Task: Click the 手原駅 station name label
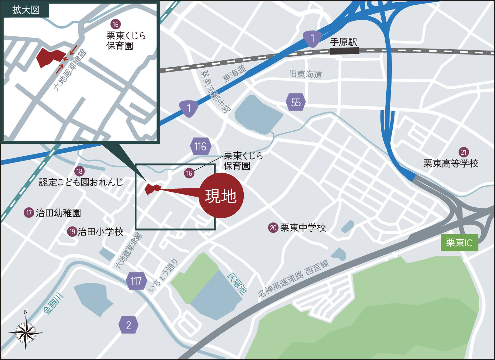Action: click(344, 42)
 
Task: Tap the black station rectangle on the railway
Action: click(344, 51)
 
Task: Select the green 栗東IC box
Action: click(459, 243)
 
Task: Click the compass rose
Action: click(26, 332)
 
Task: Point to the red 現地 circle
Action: click(221, 196)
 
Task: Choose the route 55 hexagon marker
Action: click(296, 102)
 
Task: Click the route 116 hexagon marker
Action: click(200, 146)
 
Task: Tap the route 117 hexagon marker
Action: click(136, 281)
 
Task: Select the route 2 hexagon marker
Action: click(128, 325)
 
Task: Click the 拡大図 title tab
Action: click(26, 10)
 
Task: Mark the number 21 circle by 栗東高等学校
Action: click(463, 152)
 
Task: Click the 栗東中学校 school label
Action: click(303, 228)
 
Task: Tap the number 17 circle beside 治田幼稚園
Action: click(29, 213)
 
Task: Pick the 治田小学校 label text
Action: click(101, 232)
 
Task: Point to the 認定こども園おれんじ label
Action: click(81, 182)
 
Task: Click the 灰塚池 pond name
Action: click(237, 283)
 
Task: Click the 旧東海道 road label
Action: click(305, 74)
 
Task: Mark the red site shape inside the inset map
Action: click(49, 57)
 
